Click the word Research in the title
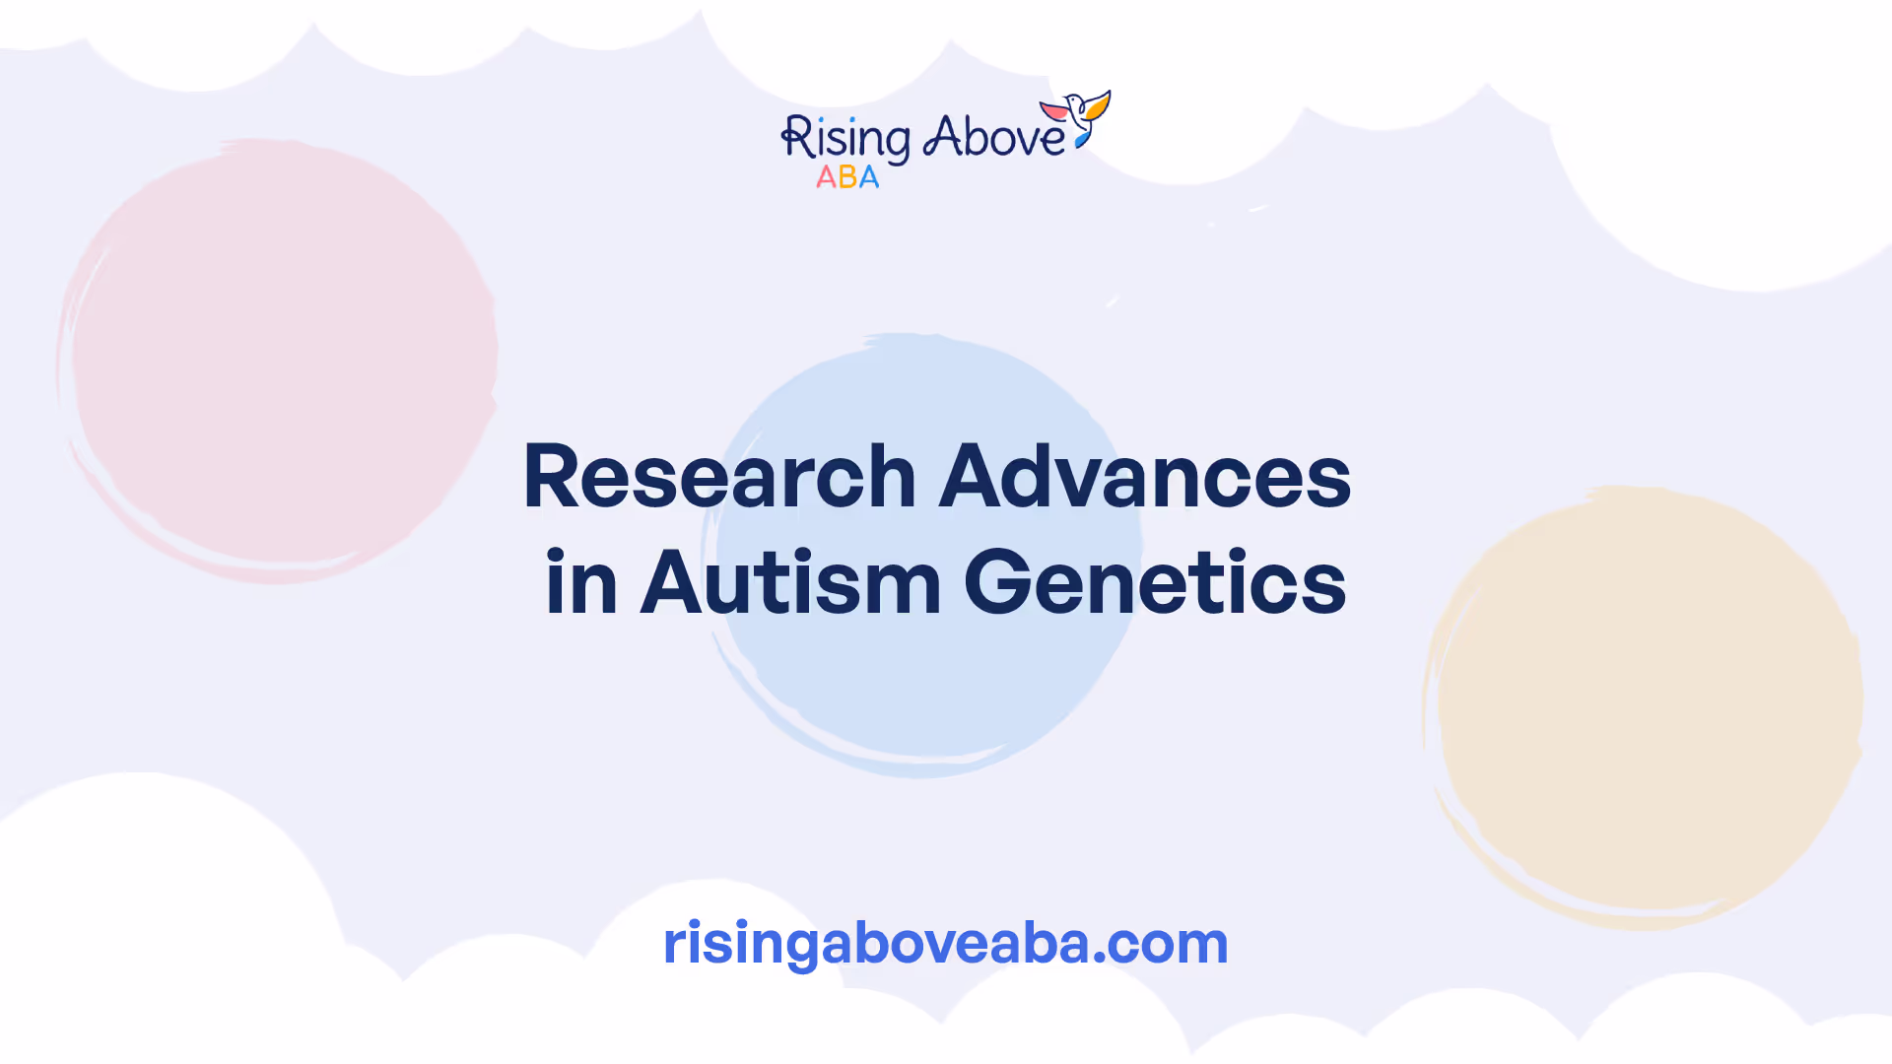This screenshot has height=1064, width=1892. tap(719, 476)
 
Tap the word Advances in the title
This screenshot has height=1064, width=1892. tap(1145, 476)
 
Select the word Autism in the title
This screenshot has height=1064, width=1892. tap(791, 582)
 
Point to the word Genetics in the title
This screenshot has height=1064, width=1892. tap(1155, 582)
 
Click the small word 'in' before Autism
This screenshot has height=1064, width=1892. tap(581, 582)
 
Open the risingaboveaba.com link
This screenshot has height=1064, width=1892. tap(946, 944)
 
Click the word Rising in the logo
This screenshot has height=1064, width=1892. tap(845, 139)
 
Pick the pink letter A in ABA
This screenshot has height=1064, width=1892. tap(826, 177)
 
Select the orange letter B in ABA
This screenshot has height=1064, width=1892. tap(846, 177)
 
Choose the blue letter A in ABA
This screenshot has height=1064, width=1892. tap(868, 177)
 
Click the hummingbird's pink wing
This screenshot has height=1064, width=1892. tap(1054, 109)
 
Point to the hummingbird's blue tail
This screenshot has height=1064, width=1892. tap(1082, 141)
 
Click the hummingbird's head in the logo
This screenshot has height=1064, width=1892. tap(1074, 101)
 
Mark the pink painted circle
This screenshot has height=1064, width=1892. tap(277, 361)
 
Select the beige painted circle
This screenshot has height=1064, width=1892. tap(1643, 707)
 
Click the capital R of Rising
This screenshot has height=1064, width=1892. tap(796, 137)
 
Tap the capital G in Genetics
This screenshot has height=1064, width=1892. tap(995, 582)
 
